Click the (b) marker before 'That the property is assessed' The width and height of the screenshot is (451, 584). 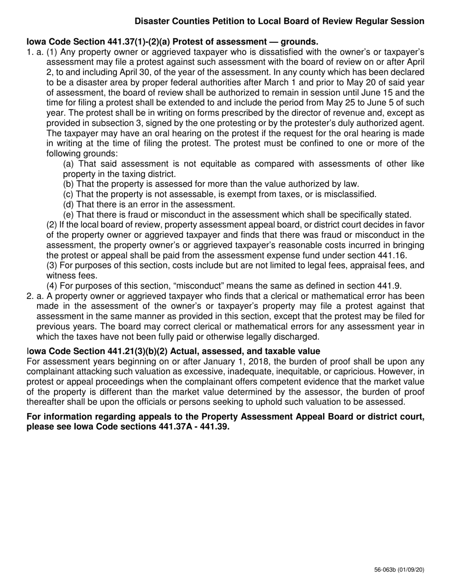coord(68,184)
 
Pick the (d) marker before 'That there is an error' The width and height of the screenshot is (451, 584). coord(68,205)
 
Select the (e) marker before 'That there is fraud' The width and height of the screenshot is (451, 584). coord(68,215)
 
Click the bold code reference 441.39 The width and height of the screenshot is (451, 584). coord(216,426)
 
